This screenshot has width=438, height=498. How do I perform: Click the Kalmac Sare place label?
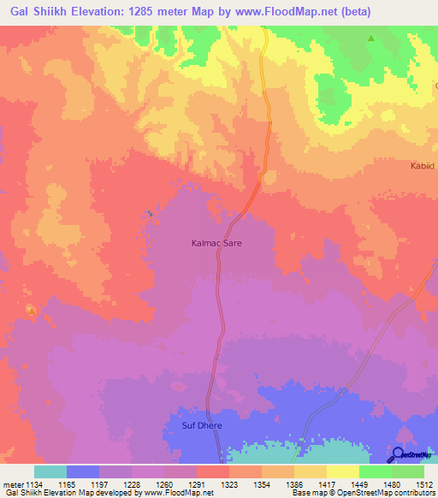tap(216, 243)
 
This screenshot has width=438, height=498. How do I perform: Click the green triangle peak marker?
tap(370, 39)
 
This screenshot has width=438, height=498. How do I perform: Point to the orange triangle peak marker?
tap(32, 311)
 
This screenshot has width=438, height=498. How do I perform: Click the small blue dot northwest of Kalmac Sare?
tap(151, 213)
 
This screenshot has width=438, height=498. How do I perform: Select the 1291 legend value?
tap(196, 483)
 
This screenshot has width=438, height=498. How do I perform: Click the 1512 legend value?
tap(423, 483)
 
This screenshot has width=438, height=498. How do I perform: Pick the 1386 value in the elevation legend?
tap(293, 483)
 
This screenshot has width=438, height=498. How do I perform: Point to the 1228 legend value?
tap(131, 483)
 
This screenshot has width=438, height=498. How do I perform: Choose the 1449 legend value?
tap(358, 483)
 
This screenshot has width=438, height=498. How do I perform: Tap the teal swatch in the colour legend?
tap(50, 471)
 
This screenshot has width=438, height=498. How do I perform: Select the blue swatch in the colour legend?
tap(83, 471)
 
